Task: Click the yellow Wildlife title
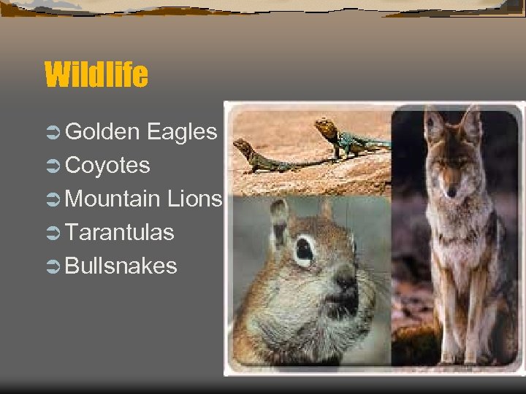(96, 74)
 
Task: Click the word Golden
(102, 132)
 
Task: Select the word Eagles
(181, 132)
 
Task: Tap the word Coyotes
(107, 166)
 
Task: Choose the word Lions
(194, 198)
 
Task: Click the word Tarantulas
(119, 232)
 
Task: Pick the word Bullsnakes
(121, 266)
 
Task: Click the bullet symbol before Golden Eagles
(53, 133)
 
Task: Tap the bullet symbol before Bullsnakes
(53, 266)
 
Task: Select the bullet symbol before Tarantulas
(53, 233)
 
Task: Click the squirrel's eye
(303, 252)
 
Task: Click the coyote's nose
(451, 193)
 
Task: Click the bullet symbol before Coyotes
(53, 166)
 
